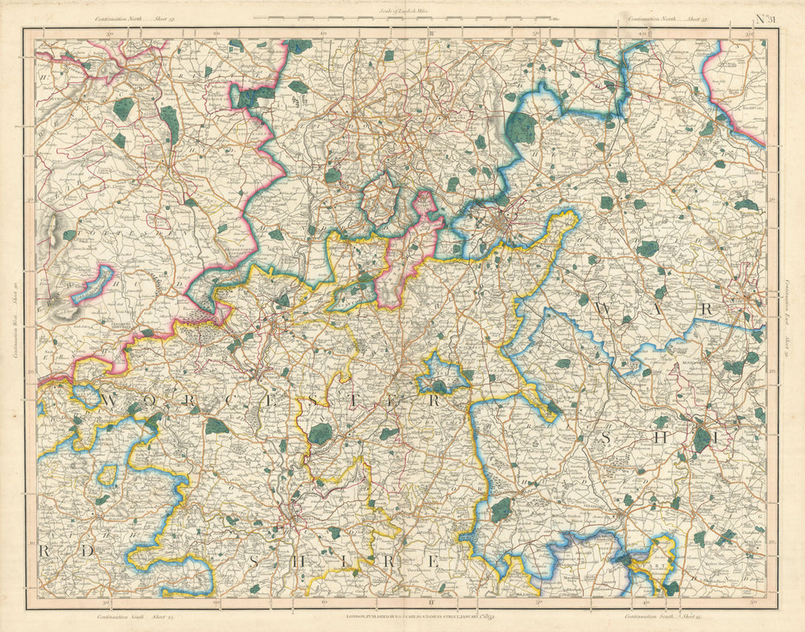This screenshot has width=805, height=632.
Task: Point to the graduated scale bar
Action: click(407, 18)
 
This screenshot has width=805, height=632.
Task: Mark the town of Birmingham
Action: click(502, 220)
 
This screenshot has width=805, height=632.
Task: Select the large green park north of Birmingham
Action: click(522, 128)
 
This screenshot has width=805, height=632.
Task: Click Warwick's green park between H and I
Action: click(702, 440)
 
